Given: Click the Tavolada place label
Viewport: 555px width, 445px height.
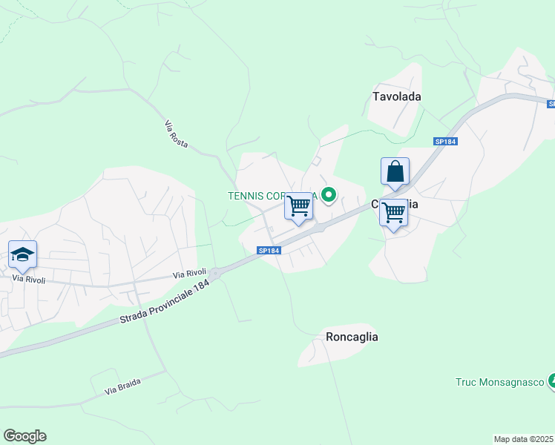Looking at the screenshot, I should (x=397, y=96).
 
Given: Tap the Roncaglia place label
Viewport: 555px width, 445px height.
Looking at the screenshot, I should (x=352, y=337).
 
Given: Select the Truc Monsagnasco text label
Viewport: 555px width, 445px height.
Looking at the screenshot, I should (x=499, y=383).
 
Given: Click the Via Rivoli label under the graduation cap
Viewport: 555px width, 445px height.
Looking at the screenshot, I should (x=29, y=280).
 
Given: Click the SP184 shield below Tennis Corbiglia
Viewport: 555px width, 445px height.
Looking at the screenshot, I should (x=269, y=251).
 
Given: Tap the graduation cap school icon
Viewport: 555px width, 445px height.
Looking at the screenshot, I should (x=23, y=255).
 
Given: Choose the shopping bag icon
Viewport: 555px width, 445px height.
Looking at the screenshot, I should (x=395, y=171).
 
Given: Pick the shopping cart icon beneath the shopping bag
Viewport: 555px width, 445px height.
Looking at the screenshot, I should (x=393, y=213).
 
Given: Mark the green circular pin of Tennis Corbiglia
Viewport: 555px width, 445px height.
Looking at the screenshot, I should (x=328, y=196).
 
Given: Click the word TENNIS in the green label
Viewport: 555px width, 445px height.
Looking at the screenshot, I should (x=246, y=196).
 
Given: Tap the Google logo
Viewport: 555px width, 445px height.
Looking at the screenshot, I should (x=24, y=436).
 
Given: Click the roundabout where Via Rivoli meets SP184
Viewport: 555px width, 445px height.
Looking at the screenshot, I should (x=214, y=274).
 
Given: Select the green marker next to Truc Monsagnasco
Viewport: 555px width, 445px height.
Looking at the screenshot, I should (x=551, y=381).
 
